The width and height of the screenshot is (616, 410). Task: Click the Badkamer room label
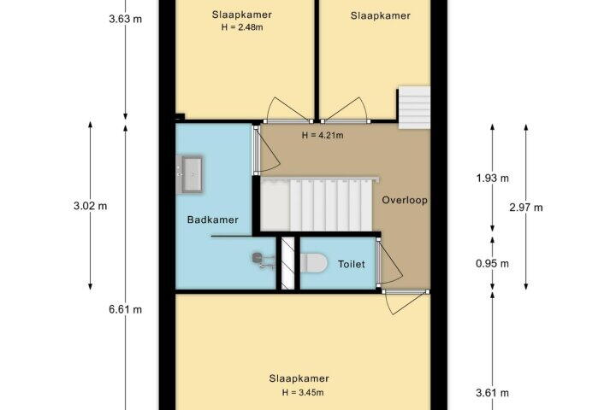[212, 220]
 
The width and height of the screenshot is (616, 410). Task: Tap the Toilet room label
[352, 264]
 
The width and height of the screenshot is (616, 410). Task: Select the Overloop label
[405, 200]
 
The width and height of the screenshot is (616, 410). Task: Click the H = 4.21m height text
[323, 135]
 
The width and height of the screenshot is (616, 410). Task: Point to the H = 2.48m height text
[242, 27]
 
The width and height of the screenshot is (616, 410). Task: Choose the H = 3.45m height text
[303, 392]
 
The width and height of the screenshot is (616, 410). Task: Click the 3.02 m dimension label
[91, 206]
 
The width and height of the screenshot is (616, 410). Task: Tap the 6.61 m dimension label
[125, 309]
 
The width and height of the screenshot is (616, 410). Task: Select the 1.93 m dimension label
[492, 179]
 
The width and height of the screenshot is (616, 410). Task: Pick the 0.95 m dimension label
[492, 264]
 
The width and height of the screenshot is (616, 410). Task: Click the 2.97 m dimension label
[526, 208]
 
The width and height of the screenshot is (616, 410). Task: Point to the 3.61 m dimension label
[492, 392]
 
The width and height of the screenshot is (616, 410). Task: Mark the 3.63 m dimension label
[125, 19]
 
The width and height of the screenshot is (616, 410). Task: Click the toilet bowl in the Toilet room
[313, 262]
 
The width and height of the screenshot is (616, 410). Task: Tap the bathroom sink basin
[192, 173]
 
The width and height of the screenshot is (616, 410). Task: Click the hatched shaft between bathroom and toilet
[288, 263]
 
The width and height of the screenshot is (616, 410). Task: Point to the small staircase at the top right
[414, 107]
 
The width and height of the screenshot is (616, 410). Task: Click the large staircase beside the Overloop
[317, 205]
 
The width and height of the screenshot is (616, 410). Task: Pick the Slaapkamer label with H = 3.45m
[299, 378]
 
